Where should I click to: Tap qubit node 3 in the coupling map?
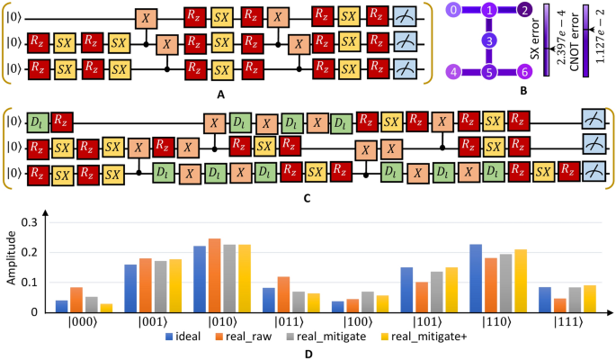[488, 40]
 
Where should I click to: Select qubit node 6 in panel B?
[523, 71]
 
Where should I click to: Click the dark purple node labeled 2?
[523, 10]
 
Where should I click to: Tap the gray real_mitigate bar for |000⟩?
[92, 304]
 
